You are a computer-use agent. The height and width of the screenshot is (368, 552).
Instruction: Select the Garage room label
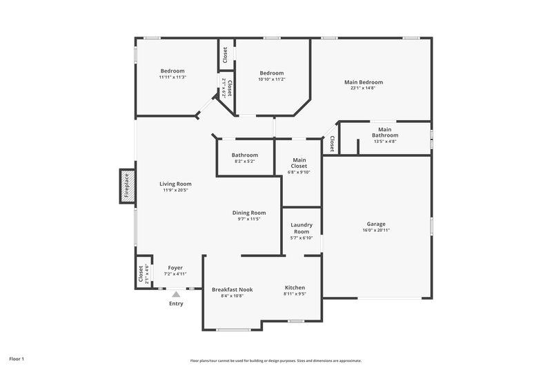click(376, 224)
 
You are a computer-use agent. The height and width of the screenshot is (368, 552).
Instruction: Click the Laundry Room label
click(302, 228)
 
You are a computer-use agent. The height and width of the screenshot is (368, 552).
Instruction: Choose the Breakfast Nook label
click(232, 289)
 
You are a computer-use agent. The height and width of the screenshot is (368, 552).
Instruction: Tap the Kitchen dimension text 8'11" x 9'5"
click(295, 293)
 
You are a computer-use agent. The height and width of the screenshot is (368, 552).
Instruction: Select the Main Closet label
click(299, 163)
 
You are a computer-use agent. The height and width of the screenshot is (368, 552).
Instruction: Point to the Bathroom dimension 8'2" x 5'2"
click(244, 162)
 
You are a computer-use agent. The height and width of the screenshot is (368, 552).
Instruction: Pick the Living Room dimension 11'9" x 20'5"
click(175, 190)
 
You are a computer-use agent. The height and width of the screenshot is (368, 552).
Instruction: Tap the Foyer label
click(175, 267)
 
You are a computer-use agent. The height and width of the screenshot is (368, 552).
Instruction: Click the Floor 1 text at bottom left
click(17, 359)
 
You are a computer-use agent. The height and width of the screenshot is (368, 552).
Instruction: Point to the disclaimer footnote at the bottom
click(276, 360)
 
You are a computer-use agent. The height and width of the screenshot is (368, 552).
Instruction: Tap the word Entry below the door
click(176, 304)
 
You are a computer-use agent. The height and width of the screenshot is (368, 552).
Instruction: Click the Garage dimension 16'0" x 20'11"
click(376, 230)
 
